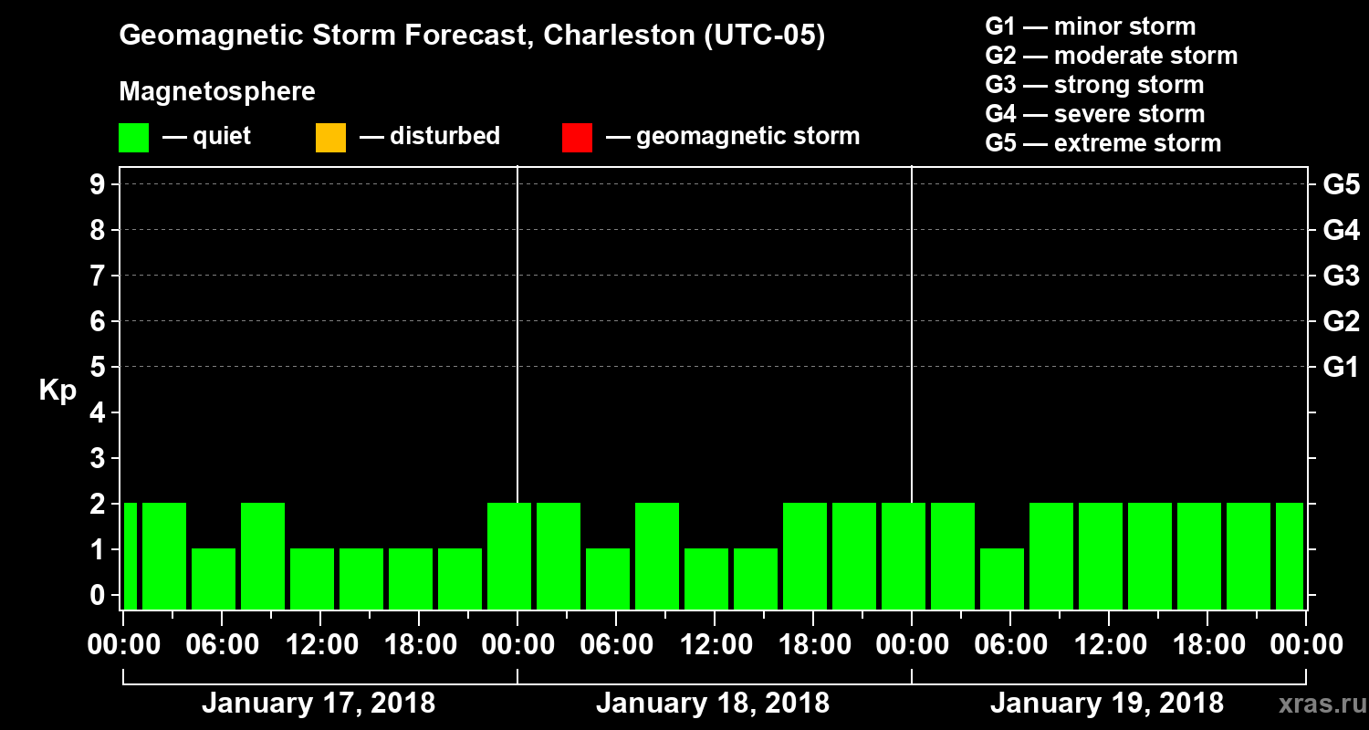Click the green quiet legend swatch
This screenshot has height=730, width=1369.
coord(133,138)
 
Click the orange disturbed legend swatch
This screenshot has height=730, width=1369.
coord(330,138)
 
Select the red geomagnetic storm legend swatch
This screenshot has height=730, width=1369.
coord(577,138)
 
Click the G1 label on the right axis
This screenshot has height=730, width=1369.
coord(1341,368)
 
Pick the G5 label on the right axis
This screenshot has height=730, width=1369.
coord(1341,185)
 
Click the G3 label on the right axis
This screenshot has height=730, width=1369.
coord(1341,276)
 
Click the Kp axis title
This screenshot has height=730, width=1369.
coord(57,391)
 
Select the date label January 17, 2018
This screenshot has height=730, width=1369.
coord(319,704)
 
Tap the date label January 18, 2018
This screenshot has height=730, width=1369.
coord(713,704)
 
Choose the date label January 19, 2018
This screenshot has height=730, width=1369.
coord(1107,704)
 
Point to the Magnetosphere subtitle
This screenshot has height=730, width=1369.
coord(217,92)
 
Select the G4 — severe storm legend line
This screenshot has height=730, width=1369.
coord(1095,114)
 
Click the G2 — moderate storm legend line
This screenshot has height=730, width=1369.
coord(1112,56)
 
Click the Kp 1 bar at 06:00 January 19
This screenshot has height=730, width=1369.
coord(1002,579)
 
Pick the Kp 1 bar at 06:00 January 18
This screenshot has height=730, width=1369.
coord(608,579)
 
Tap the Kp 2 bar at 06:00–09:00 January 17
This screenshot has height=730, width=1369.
coord(263,555)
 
